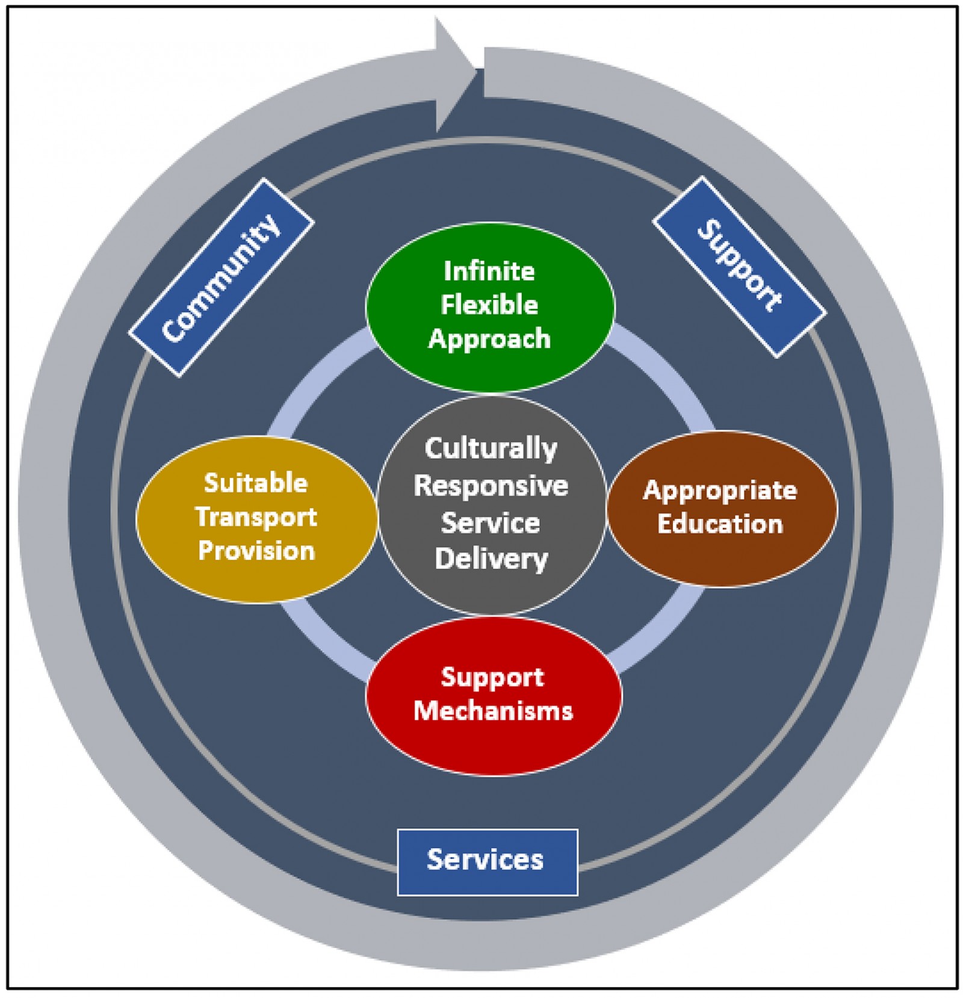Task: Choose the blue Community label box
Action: (221, 277)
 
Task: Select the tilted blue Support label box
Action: (739, 267)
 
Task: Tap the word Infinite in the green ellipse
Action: (489, 271)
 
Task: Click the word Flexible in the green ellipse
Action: (489, 305)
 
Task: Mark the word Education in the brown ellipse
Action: (720, 524)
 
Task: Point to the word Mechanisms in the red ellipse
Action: (493, 711)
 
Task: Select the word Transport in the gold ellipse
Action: (256, 517)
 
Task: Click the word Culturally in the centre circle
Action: (491, 449)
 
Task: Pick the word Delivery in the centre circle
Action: (491, 559)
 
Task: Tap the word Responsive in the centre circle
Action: (491, 486)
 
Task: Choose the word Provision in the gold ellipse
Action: (256, 551)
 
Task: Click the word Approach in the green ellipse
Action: (489, 339)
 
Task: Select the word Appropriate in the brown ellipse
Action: (720, 491)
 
